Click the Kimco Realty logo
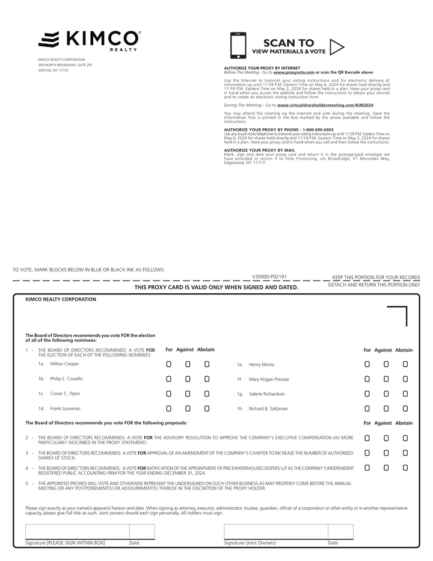pyautogui.click(x=89, y=40)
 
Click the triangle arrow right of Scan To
pyautogui.click(x=337, y=47)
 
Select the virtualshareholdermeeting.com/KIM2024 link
pyautogui.click(x=325, y=105)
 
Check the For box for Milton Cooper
pyautogui.click(x=169, y=364)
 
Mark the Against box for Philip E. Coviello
pyautogui.click(x=188, y=379)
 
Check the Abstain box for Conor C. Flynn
pyautogui.click(x=207, y=394)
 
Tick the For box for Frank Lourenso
pyautogui.click(x=169, y=409)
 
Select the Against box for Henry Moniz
pyautogui.click(x=386, y=364)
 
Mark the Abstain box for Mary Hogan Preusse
pyautogui.click(x=405, y=379)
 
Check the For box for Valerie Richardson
pyautogui.click(x=367, y=394)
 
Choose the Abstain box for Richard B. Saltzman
pyautogui.click(x=405, y=409)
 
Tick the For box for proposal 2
pyautogui.click(x=367, y=438)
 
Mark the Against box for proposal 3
pyautogui.click(x=386, y=453)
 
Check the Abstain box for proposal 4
pyautogui.click(x=405, y=468)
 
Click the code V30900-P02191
pyautogui.click(x=269, y=277)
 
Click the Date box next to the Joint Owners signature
pyautogui.click(x=340, y=532)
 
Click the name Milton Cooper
pyautogui.click(x=64, y=364)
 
